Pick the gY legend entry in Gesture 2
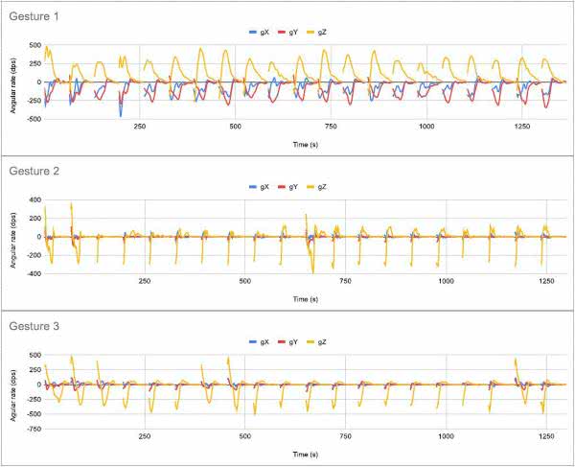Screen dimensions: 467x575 293,185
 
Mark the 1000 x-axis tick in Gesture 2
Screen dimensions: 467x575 446,281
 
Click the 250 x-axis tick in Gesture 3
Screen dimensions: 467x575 144,436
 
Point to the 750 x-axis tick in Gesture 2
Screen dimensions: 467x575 345,281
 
